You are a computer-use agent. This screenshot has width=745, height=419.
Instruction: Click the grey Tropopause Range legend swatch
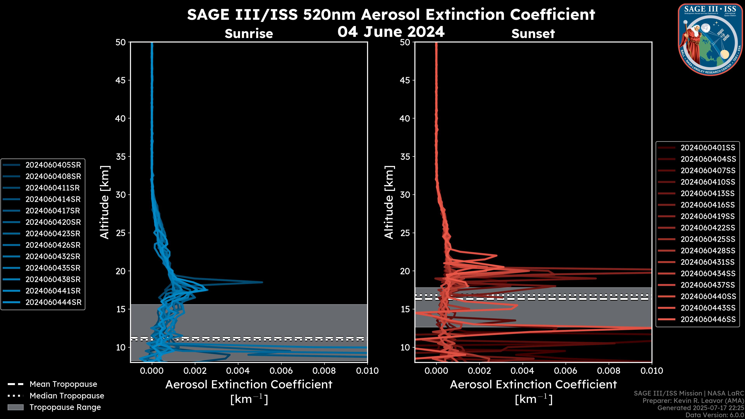pos(16,407)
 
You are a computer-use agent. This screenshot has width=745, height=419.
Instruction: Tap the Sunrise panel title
pos(249,34)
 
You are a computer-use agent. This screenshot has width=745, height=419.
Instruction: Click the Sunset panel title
pos(533,34)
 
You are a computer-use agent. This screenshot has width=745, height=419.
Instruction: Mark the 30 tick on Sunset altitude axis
pos(405,195)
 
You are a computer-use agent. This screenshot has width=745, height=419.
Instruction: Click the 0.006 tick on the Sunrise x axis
pos(281,371)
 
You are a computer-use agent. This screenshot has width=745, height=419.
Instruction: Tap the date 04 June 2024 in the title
pos(391,31)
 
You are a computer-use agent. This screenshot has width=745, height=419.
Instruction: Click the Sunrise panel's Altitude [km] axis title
pos(104,202)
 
